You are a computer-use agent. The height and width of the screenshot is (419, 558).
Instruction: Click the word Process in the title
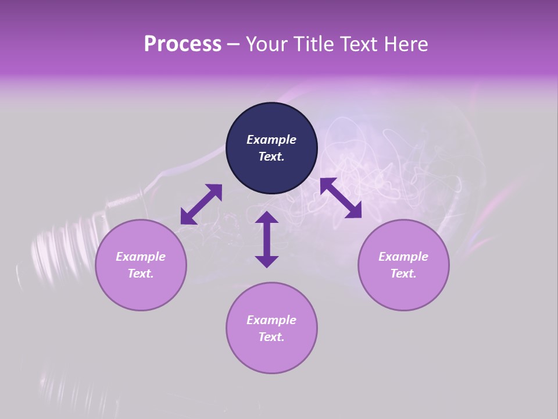point(183,44)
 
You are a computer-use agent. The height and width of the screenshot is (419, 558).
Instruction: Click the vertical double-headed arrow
point(267,240)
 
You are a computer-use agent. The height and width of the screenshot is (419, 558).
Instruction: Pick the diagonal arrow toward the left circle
point(201,204)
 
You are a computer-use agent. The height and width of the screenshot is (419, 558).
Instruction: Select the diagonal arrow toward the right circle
point(341,198)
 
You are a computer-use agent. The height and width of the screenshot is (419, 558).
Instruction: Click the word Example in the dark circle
point(271,140)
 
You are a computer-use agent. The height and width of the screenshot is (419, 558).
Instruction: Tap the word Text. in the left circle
point(141,274)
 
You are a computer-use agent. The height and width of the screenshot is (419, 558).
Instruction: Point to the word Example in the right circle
point(403,257)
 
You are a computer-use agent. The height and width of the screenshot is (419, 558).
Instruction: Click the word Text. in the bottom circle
point(271,337)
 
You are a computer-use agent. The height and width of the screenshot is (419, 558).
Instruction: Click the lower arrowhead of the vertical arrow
point(267,261)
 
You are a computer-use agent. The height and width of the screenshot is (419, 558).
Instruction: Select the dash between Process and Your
point(234,45)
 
